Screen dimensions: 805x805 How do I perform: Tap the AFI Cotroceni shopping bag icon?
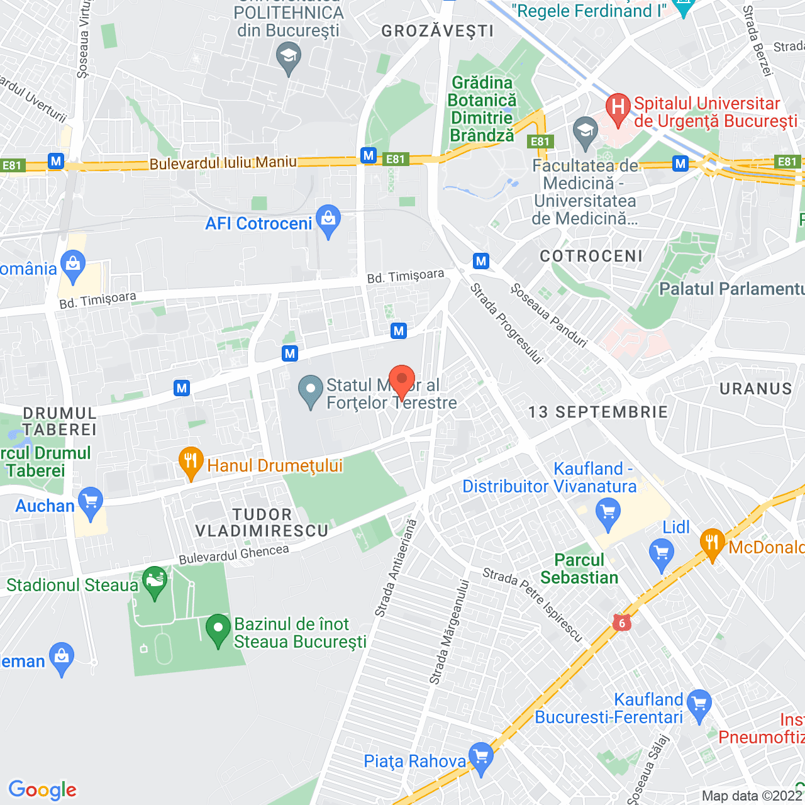(x=328, y=220)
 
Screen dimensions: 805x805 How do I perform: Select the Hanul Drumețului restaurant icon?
(x=190, y=463)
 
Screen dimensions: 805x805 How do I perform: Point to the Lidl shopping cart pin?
(x=661, y=554)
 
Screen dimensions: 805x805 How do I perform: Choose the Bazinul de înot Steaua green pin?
(x=218, y=629)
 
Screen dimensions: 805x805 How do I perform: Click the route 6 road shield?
(x=622, y=623)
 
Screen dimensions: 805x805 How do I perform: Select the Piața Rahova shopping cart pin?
(x=481, y=758)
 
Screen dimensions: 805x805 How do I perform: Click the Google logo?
(x=42, y=790)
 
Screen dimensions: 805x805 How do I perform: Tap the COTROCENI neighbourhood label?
(x=591, y=256)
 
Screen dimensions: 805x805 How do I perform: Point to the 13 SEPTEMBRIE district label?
(x=597, y=412)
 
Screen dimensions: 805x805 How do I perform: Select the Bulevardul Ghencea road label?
(x=234, y=555)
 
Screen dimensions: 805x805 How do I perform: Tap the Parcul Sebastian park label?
(x=579, y=569)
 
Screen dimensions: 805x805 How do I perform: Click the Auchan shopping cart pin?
(x=91, y=502)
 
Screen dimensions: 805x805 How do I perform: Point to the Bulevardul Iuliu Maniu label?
(x=223, y=163)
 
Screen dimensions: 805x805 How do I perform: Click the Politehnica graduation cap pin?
(x=289, y=57)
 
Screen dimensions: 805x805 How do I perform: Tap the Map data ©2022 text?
(x=752, y=796)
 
